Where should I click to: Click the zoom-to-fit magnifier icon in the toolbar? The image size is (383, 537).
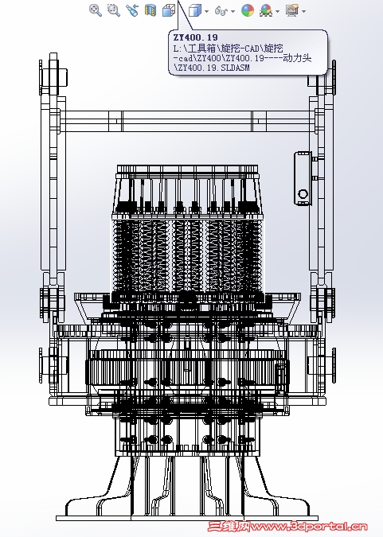point(96,10)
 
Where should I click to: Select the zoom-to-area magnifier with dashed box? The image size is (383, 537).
point(114,10)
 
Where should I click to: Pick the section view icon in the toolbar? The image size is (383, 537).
point(150,10)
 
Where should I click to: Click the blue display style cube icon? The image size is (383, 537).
point(195,10)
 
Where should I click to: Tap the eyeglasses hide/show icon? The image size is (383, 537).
point(221,11)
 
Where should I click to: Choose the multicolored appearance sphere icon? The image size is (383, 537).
point(248,10)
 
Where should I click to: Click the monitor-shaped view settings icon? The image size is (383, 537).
point(292,10)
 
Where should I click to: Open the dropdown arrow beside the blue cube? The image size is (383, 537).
point(206,11)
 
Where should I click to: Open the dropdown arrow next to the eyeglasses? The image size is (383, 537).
point(233,11)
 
